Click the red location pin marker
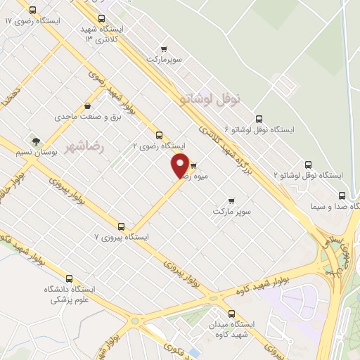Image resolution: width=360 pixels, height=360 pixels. (x=180, y=166)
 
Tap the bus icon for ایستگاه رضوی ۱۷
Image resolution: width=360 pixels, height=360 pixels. (x=33, y=10)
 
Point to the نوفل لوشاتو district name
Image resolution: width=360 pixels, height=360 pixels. (x=210, y=100)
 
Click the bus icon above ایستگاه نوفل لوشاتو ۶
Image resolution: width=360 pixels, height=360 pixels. (x=259, y=119)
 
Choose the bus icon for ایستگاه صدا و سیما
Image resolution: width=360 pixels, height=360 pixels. (x=342, y=195)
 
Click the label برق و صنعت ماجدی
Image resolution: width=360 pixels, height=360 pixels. (x=82, y=116)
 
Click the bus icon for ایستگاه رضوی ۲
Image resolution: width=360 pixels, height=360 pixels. (x=159, y=135)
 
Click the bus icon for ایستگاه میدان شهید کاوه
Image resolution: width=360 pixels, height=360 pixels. (x=231, y=314)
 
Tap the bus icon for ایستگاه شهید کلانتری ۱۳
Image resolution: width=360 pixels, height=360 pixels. (x=103, y=19)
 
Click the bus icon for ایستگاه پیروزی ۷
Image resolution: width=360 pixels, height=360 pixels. (x=122, y=226)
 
